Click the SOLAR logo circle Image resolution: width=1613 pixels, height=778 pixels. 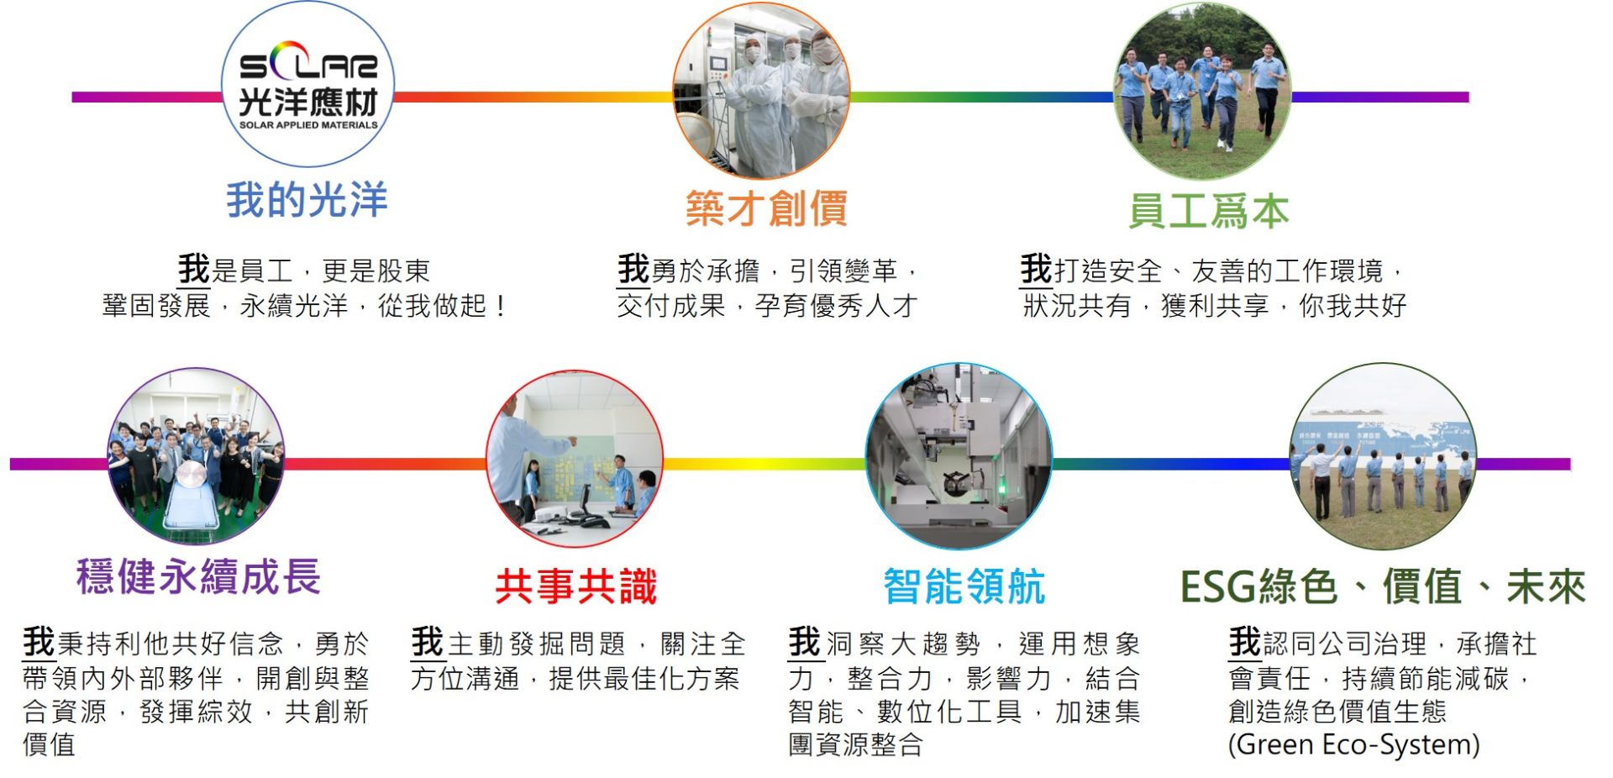point(307,84)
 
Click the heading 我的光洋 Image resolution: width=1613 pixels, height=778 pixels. point(307,201)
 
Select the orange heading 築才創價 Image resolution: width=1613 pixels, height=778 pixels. point(766,209)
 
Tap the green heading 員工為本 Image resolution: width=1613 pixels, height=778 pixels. point(1208,211)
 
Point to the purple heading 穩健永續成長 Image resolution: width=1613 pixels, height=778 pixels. point(198,577)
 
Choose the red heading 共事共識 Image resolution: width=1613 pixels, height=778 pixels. point(575,586)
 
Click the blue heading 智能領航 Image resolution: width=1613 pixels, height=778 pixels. point(964,586)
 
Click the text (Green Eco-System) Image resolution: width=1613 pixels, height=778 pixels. point(1353,745)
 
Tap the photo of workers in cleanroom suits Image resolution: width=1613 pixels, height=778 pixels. point(761,91)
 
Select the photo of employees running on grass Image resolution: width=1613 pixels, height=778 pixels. point(1201,91)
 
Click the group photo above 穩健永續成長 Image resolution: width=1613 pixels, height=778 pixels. point(197,456)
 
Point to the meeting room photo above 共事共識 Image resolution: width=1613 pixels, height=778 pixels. point(575,460)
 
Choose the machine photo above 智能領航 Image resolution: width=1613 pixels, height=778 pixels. point(959,456)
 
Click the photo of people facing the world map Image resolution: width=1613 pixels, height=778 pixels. point(1383,456)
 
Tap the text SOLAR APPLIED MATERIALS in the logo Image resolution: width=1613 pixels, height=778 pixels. point(308,125)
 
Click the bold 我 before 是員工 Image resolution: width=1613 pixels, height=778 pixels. point(193,269)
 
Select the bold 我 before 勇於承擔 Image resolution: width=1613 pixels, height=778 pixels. point(633,269)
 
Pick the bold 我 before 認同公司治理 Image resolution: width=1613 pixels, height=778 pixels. point(1244,642)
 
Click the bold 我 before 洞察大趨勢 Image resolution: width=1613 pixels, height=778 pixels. point(804,642)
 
